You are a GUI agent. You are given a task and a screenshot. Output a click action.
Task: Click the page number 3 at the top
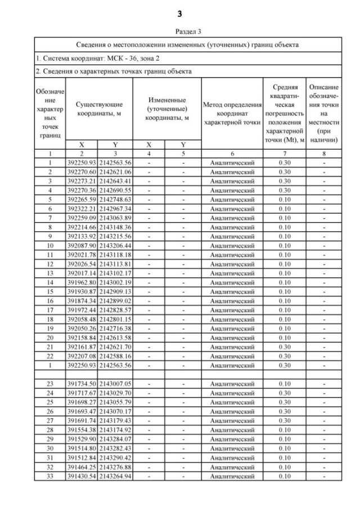(180, 13)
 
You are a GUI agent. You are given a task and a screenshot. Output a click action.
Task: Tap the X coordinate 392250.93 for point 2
(82, 163)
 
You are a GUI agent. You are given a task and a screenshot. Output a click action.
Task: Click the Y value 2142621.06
(114, 172)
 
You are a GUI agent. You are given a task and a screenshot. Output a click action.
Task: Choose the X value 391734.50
(82, 382)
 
